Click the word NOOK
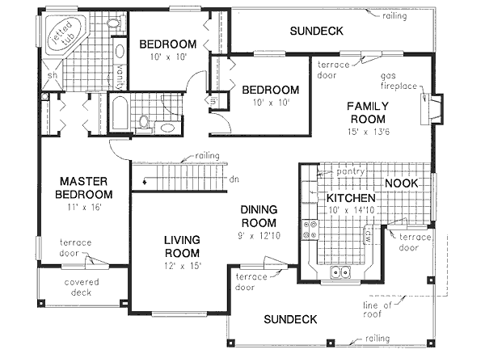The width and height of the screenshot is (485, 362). tap(401, 183)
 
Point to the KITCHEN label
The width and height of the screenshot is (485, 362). tap(349, 198)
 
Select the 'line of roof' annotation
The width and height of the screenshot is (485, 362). tap(378, 309)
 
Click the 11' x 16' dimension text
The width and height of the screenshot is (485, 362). tap(85, 208)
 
